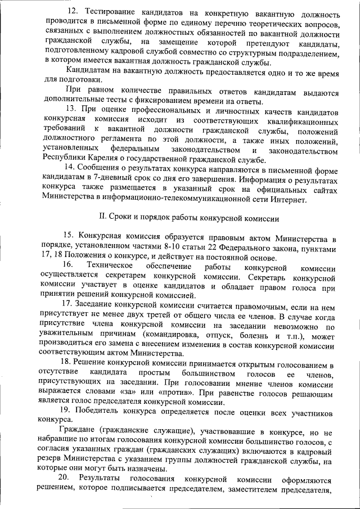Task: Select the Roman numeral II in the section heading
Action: pos(102,218)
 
